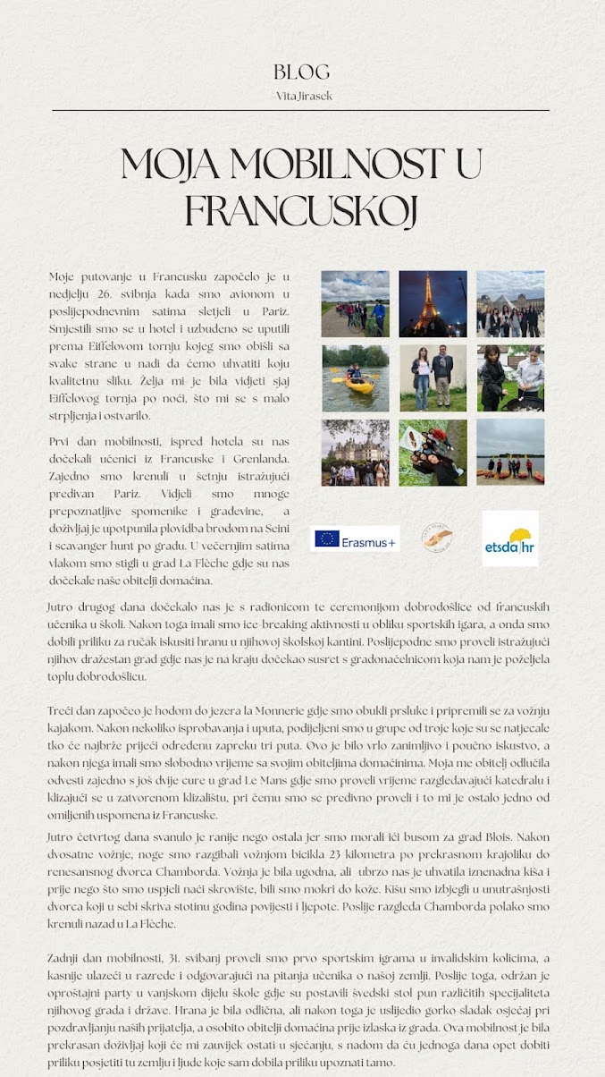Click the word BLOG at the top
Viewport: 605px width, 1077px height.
point(302,72)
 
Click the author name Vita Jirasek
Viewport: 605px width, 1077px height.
point(302,96)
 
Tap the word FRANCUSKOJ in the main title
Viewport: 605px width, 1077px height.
point(302,211)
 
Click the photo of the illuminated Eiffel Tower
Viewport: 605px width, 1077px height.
point(433,304)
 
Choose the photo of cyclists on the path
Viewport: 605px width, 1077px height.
point(355,304)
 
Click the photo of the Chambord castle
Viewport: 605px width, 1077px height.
point(355,453)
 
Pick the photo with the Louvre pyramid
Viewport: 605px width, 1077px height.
point(509,304)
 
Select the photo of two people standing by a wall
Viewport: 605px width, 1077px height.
point(433,378)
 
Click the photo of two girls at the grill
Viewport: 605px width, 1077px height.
point(509,378)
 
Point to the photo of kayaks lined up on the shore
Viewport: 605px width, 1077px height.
point(509,453)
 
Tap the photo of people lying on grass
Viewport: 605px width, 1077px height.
point(433,453)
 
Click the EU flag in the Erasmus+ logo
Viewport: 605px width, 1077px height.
point(327,538)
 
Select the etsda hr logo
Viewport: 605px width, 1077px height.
point(509,538)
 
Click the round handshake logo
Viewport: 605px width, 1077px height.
point(438,538)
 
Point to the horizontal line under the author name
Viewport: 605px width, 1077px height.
point(302,110)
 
